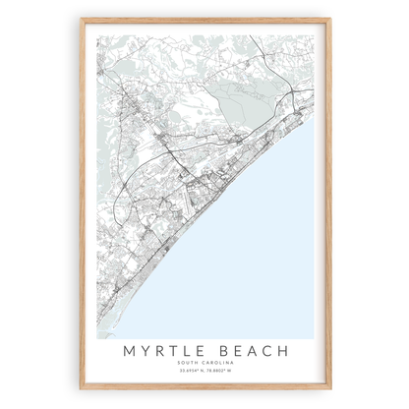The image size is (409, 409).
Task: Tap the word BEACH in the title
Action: (253, 351)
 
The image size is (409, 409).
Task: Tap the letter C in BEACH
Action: (269, 351)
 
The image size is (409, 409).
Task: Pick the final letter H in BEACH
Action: (286, 351)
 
